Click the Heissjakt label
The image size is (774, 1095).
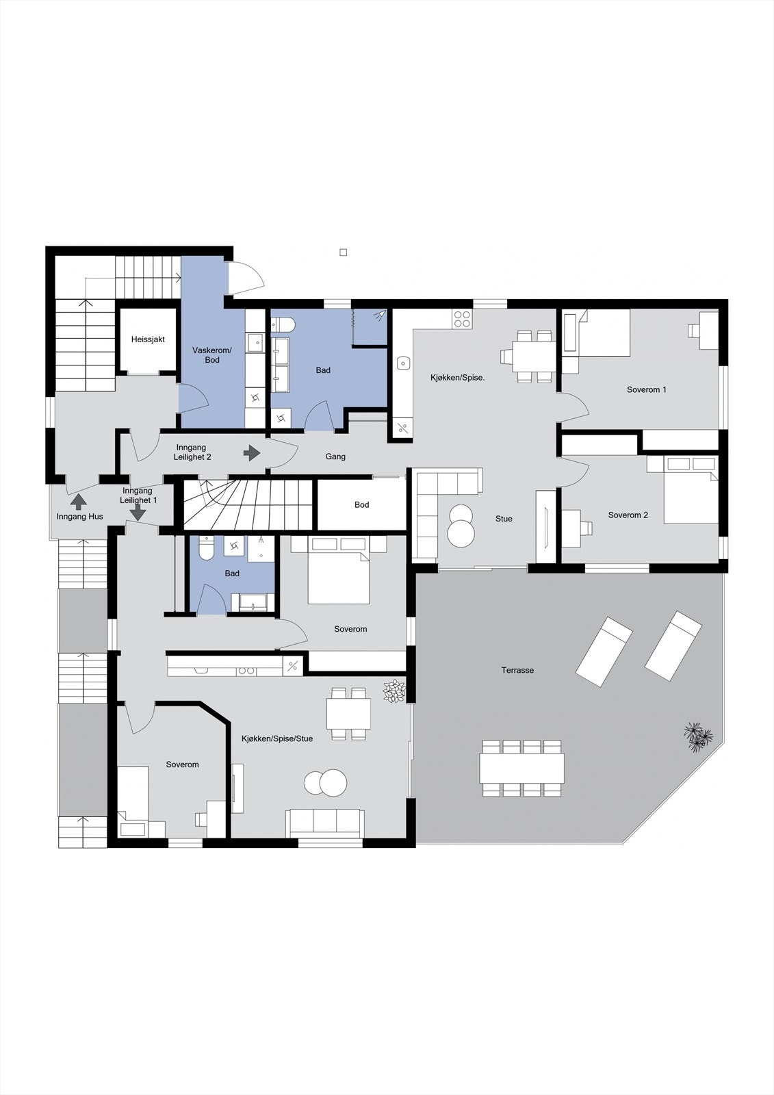coord(148,339)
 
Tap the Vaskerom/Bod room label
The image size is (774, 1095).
coord(212,355)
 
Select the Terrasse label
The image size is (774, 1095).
coord(517,671)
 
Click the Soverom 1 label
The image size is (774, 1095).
coord(647,390)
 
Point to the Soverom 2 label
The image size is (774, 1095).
coord(628,515)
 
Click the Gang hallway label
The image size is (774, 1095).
coord(335,456)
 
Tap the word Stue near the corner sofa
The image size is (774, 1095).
coord(504,519)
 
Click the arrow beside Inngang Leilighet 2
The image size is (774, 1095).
coord(253,452)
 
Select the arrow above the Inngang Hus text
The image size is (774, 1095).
coord(79,502)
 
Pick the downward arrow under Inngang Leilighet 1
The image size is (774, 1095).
coord(139,513)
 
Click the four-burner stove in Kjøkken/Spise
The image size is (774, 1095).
coord(462,318)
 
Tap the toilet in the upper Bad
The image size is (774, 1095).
coord(283,324)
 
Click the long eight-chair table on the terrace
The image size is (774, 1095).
coord(522,768)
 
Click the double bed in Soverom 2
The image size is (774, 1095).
coord(690,490)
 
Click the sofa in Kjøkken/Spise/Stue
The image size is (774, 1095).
coord(325,823)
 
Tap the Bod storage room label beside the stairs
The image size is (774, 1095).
coord(361,505)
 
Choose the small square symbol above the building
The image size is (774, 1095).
coord(344,253)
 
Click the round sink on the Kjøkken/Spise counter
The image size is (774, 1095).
coord(403,363)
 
